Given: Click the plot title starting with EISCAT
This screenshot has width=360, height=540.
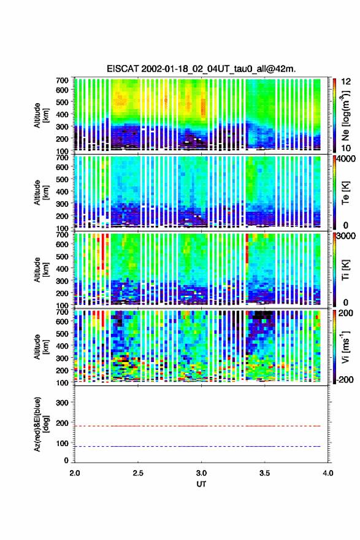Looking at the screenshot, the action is click(x=201, y=69).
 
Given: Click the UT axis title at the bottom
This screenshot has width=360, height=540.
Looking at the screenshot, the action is click(x=201, y=484).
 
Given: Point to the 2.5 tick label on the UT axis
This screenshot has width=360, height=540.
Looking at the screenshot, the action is click(x=138, y=473).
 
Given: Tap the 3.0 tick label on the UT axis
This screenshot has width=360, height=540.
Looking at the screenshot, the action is click(x=201, y=473).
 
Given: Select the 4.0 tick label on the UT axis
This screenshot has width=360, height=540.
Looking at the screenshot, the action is click(x=328, y=473).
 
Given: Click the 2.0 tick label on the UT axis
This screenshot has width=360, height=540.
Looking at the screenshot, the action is click(x=75, y=473).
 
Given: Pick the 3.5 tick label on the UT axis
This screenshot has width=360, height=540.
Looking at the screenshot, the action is click(x=265, y=473).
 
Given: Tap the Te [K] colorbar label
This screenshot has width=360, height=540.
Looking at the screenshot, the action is click(x=345, y=193).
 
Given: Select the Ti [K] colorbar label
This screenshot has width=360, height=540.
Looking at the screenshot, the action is click(x=345, y=269).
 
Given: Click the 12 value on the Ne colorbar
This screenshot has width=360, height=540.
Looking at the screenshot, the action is click(x=347, y=81).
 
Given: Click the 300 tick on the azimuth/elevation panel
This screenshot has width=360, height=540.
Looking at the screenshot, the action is click(x=63, y=403).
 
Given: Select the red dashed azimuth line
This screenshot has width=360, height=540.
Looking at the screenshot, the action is click(x=197, y=426).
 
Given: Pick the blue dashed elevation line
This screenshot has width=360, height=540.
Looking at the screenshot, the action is click(x=197, y=446).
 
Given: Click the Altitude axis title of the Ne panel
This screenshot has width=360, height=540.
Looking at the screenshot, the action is click(x=41, y=115).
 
